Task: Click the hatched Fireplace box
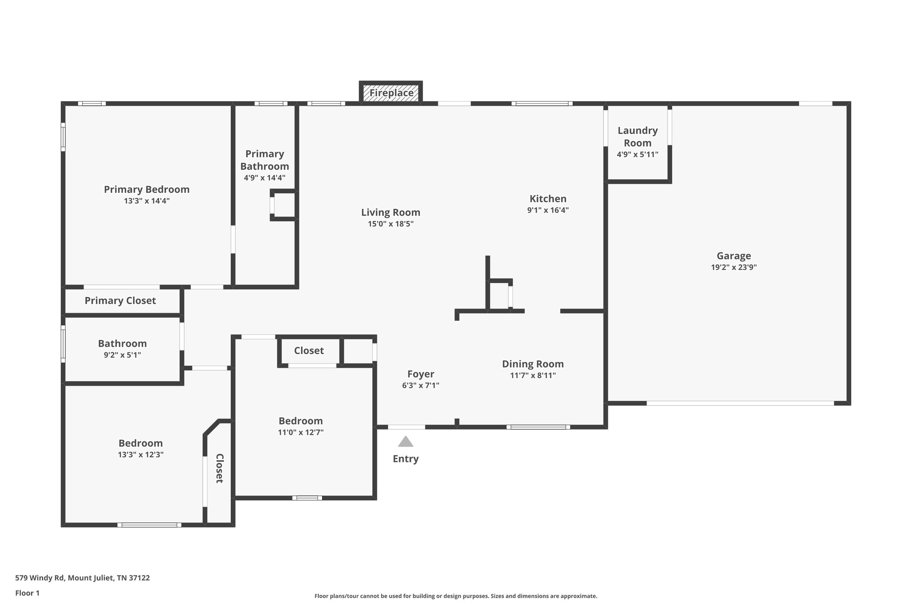coord(391,93)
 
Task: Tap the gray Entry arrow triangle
coord(405,442)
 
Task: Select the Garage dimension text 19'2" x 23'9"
coord(733,267)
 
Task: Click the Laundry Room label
coord(637,137)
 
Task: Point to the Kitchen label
coord(548,199)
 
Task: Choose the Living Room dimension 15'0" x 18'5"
coord(391,224)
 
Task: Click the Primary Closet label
coord(120,301)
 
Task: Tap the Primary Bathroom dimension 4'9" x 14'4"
coord(265,178)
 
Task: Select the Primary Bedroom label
coord(147,189)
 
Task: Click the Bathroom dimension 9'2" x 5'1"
coord(122,355)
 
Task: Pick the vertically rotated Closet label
coord(220,468)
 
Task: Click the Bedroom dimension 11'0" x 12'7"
coord(301,432)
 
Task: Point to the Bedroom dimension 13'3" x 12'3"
coord(140,455)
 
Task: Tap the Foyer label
coord(420,374)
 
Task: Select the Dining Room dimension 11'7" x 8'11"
coord(533,375)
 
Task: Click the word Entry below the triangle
coord(405,459)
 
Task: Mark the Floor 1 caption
coord(27,593)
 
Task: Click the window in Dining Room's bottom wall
coord(538,427)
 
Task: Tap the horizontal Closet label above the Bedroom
coord(309,351)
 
